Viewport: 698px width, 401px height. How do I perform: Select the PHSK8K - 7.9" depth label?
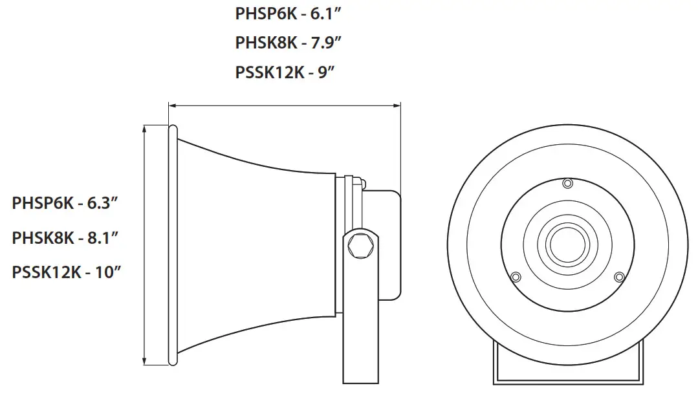288,43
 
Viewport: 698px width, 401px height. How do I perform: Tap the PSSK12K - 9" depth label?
284,72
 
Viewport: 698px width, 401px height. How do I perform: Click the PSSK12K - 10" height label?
67,272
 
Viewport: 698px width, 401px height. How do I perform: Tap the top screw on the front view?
567,184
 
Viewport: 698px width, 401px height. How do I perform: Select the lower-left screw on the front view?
516,277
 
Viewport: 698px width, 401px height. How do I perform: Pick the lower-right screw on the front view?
619,277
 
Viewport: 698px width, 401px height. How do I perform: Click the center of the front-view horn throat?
567,244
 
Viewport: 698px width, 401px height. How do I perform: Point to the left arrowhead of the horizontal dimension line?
171,104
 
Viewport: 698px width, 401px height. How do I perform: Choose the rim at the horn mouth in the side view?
173,246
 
